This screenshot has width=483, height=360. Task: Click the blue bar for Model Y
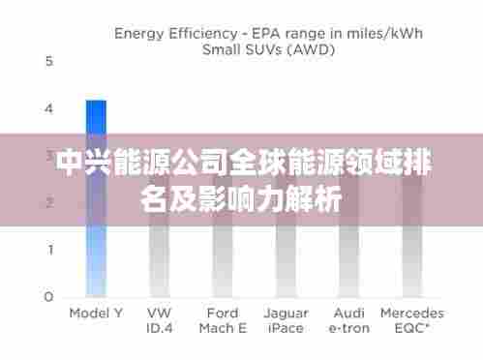95,198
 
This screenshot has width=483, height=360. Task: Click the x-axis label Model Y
95,314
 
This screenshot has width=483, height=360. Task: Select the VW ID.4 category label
160,320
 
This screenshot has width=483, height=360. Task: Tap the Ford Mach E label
223,320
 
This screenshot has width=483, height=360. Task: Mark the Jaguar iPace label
285,320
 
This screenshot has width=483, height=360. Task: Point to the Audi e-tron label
349,320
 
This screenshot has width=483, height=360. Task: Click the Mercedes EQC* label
412,320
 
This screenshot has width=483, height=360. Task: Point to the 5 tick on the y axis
49,61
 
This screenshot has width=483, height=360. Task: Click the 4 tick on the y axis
49,108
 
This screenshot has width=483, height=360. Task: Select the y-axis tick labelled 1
49,250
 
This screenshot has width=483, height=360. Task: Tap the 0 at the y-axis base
49,296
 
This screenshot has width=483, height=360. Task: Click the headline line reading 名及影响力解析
241,200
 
